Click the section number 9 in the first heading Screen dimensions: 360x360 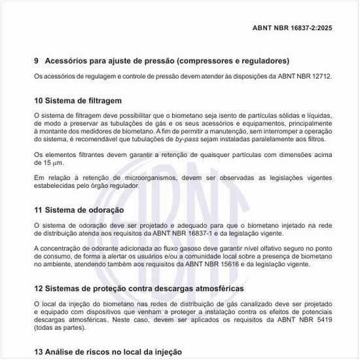tap(36, 61)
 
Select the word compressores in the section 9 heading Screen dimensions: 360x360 tap(213, 61)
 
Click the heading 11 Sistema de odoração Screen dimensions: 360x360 tap(79, 210)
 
